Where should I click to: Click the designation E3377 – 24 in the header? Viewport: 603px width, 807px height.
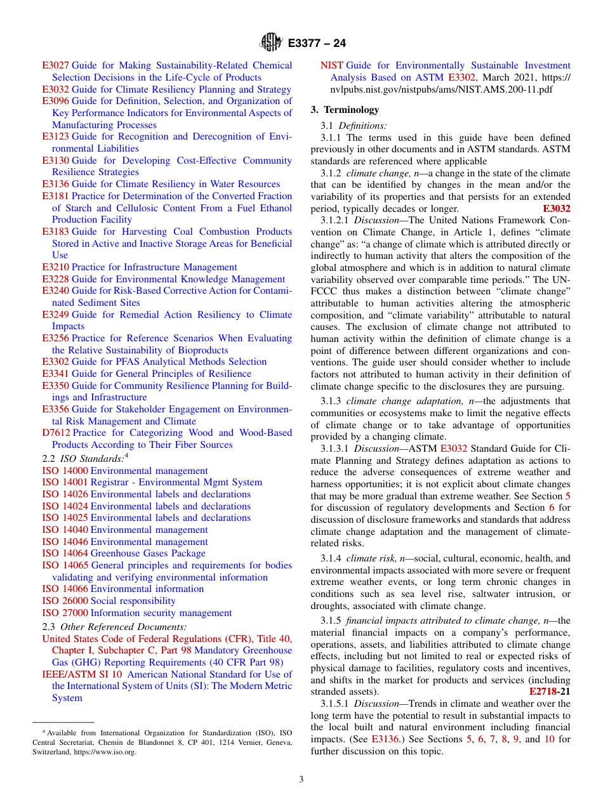pyautogui.click(x=317, y=43)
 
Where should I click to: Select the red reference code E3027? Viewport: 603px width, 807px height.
pyautogui.click(x=55, y=65)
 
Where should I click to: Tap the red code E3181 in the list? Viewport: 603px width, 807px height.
pyautogui.click(x=55, y=196)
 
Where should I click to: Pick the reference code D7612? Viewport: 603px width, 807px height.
pyautogui.click(x=55, y=433)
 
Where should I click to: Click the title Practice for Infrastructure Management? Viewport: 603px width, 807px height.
pyautogui.click(x=154, y=267)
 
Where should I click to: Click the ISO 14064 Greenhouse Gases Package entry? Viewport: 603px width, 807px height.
pyautogui.click(x=124, y=553)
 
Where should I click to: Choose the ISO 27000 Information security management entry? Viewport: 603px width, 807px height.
pyautogui.click(x=136, y=613)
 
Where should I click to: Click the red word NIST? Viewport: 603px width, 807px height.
pyautogui.click(x=331, y=65)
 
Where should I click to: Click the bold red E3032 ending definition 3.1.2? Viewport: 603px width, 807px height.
pyautogui.click(x=556, y=209)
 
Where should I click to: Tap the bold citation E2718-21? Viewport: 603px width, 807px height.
pyautogui.click(x=549, y=692)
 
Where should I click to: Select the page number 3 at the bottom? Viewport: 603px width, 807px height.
pyautogui.click(x=301, y=779)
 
